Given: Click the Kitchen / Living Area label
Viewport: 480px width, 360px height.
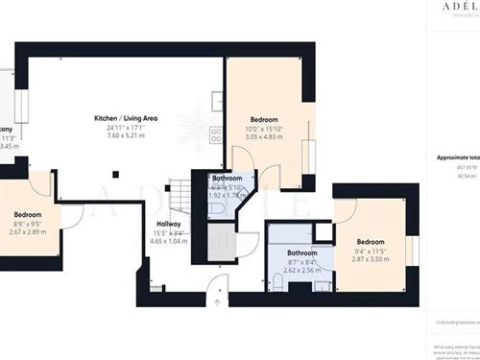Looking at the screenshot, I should tap(126, 118).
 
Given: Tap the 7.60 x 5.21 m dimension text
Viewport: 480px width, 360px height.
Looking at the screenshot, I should tap(126, 135).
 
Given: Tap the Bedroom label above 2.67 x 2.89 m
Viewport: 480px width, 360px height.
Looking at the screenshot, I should tap(28, 214).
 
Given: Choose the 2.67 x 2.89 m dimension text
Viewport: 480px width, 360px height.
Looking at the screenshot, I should tap(28, 231).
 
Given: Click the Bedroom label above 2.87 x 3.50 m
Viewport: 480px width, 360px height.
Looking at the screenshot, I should tap(371, 242).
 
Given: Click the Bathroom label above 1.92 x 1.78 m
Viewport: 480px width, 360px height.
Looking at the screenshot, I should tap(228, 179).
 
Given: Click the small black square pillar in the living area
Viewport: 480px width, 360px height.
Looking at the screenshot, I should tap(114, 174).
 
